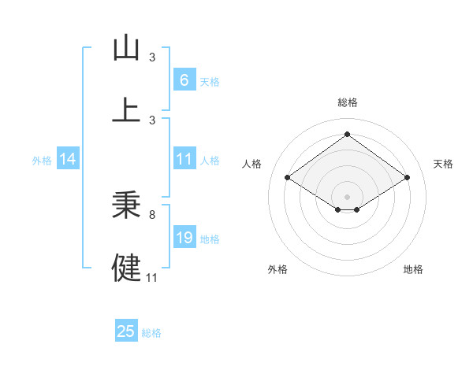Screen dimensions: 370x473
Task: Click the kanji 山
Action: [x=127, y=48]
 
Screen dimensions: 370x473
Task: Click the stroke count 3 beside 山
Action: [x=151, y=57]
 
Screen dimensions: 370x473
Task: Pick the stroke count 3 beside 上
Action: [x=151, y=120]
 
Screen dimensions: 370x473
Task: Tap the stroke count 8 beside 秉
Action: [x=151, y=213]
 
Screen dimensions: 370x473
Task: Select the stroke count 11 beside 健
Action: [x=152, y=276]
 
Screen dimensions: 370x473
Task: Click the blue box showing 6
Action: [x=184, y=80]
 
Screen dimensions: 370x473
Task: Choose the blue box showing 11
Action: [x=184, y=159]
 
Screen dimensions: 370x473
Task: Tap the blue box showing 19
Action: [x=184, y=238]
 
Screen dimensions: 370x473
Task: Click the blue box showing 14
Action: [x=67, y=159]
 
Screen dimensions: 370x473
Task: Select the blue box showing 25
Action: [x=126, y=331]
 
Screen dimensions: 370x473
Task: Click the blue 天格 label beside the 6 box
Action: [x=210, y=81]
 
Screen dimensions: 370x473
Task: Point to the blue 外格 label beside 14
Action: [x=42, y=160]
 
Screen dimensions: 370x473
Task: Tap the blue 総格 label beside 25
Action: [x=151, y=332]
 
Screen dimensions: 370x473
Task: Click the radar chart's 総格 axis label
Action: [x=347, y=102]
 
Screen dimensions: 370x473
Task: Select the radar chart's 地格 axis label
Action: [x=413, y=269]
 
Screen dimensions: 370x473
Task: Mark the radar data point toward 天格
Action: [x=407, y=178]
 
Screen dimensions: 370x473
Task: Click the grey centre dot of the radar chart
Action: [x=347, y=196]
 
